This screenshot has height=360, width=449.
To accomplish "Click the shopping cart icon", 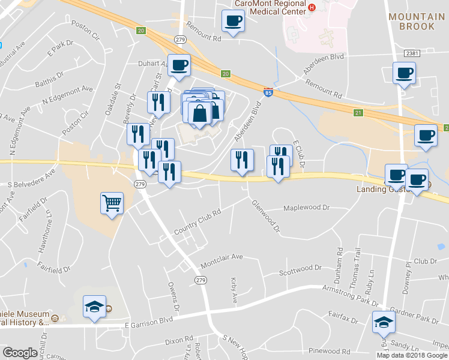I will pyautogui.click(x=112, y=204).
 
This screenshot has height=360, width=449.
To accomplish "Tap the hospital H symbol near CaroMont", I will pyautogui.click(x=312, y=7).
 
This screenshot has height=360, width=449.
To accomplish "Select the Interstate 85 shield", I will pyautogui.click(x=268, y=92).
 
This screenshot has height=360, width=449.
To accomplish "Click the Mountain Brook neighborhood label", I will pyautogui.click(x=417, y=22).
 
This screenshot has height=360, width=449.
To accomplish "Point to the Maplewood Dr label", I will pyautogui.click(x=307, y=208).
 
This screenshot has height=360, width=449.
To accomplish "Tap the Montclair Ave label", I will pyautogui.click(x=221, y=256).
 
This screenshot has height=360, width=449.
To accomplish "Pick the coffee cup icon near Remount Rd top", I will pyautogui.click(x=233, y=21).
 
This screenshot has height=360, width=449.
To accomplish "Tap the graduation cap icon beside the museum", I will pyautogui.click(x=95, y=307).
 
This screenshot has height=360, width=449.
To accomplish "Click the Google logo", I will pyautogui.click(x=20, y=353).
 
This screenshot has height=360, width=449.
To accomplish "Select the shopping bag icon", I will pyautogui.click(x=199, y=113).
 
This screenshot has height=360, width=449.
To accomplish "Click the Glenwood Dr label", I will pyautogui.click(x=265, y=216).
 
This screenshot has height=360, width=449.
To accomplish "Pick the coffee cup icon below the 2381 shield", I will pyautogui.click(x=404, y=73).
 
